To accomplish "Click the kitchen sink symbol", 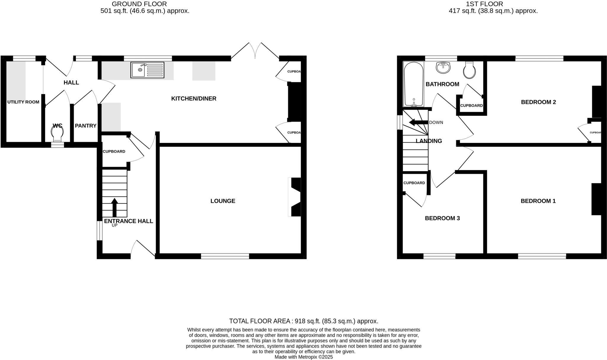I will pos(147,70).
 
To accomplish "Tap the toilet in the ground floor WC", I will pos(57,133).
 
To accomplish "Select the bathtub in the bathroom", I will pos(413,84).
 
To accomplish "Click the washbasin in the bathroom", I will pos(443,67).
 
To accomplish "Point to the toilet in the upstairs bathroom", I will pos(469,70).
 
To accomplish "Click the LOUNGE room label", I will pos(223,201).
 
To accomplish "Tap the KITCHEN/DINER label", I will pos(194,99).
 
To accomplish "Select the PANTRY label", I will pos(86,126).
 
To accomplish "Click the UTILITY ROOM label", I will pos(23,102).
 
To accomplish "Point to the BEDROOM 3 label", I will pos(442,218).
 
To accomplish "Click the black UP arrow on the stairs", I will pos(114,208).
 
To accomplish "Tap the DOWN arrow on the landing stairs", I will pos(418,122).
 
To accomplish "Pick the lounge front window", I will pos(225,256).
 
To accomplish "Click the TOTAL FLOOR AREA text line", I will pos(303,321).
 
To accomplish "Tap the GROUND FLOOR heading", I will pos(139,4).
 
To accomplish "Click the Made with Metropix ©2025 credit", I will pos(303,357).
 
